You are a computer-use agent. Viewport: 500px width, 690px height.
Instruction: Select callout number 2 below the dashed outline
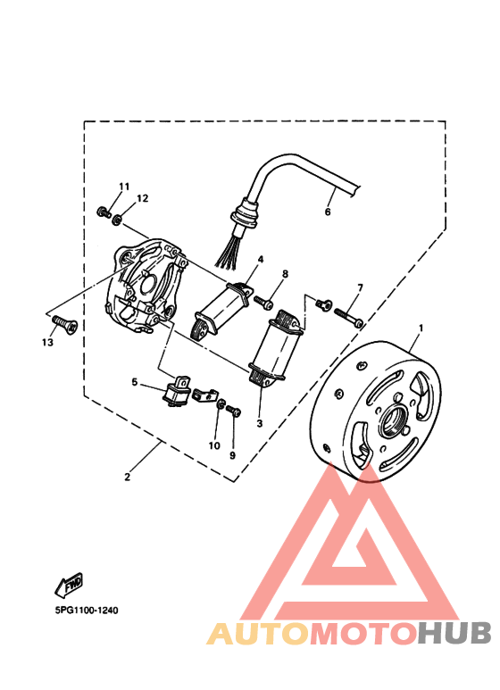[128, 477]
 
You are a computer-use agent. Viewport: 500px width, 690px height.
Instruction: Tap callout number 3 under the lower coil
[259, 423]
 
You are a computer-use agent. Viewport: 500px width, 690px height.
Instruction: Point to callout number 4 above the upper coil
[261, 260]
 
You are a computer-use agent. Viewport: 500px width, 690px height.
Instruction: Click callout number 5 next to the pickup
[135, 382]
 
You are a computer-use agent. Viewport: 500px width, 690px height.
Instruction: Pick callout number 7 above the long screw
[360, 287]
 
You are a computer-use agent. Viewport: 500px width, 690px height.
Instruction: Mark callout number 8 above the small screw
[286, 274]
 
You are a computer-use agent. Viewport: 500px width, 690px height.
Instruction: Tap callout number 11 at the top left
[124, 186]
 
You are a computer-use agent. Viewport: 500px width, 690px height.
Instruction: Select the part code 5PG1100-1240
[79, 611]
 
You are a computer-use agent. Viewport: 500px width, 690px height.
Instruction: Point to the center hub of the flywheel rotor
[394, 420]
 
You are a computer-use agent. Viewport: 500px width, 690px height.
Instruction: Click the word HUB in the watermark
[454, 633]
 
